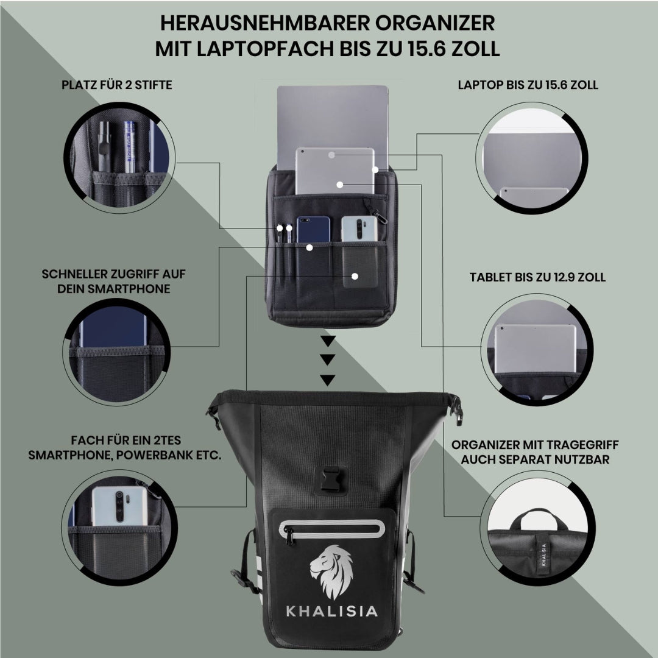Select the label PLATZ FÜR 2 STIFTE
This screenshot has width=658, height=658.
click(116, 85)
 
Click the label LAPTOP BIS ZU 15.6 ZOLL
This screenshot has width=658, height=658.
click(528, 85)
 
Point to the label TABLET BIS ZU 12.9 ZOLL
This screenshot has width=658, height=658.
click(537, 277)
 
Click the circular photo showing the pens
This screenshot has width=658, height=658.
click(121, 158)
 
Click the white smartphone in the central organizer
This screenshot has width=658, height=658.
click(360, 229)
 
